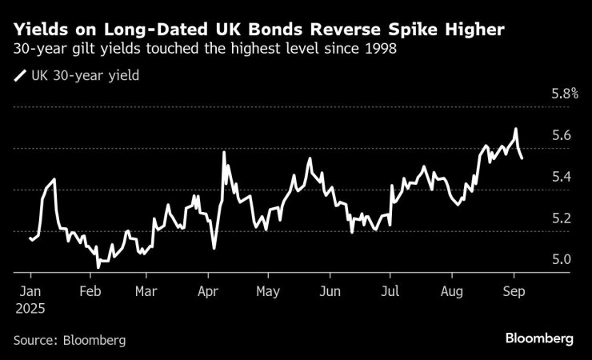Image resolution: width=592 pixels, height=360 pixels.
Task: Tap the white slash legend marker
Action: tap(19, 77)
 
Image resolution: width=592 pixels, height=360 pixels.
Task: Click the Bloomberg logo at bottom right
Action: tap(539, 338)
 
